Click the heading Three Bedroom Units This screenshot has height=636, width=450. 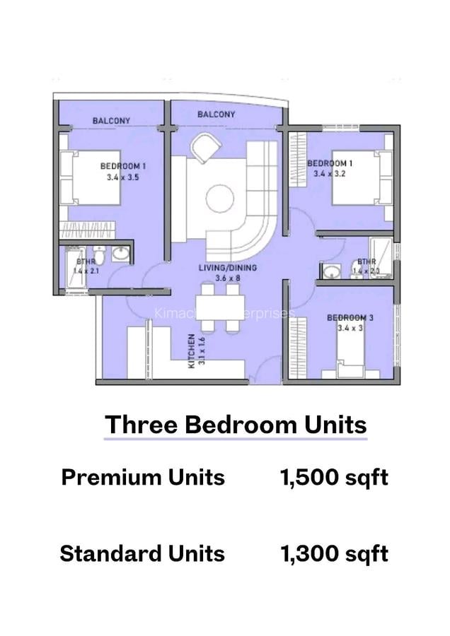tap(236, 425)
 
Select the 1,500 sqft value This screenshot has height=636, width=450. tap(334, 477)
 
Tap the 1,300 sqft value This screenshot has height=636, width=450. tap(334, 553)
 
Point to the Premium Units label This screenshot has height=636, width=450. tap(143, 477)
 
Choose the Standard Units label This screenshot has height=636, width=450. tap(142, 553)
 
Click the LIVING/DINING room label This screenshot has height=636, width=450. tap(227, 268)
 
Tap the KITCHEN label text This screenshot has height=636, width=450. tap(191, 351)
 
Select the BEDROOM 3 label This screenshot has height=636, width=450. tap(350, 318)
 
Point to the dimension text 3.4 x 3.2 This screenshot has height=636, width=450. tap(330, 173)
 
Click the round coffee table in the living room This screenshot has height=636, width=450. tap(219, 199)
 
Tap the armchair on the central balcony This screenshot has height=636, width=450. tap(205, 148)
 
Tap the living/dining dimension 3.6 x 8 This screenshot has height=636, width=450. tap(226, 277)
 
